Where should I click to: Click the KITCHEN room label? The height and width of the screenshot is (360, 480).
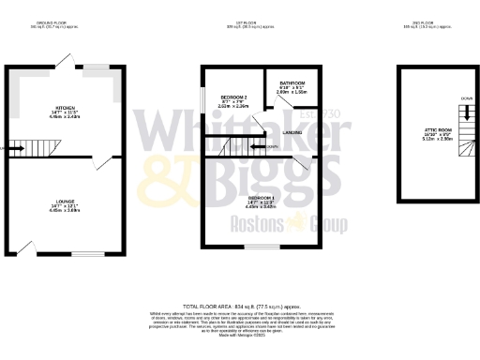point(64,110)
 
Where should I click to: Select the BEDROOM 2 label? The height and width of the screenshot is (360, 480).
point(232,97)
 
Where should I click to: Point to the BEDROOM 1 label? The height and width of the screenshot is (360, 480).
point(261,198)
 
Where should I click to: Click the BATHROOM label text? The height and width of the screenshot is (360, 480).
point(292,83)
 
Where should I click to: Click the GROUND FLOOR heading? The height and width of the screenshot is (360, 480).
point(64,22)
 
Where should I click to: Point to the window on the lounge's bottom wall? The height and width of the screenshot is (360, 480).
point(90,253)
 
